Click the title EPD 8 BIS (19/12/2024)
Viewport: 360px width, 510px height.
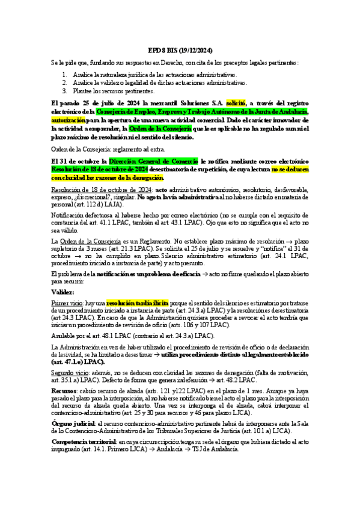180,51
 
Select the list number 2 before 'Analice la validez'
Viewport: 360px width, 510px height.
65,83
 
